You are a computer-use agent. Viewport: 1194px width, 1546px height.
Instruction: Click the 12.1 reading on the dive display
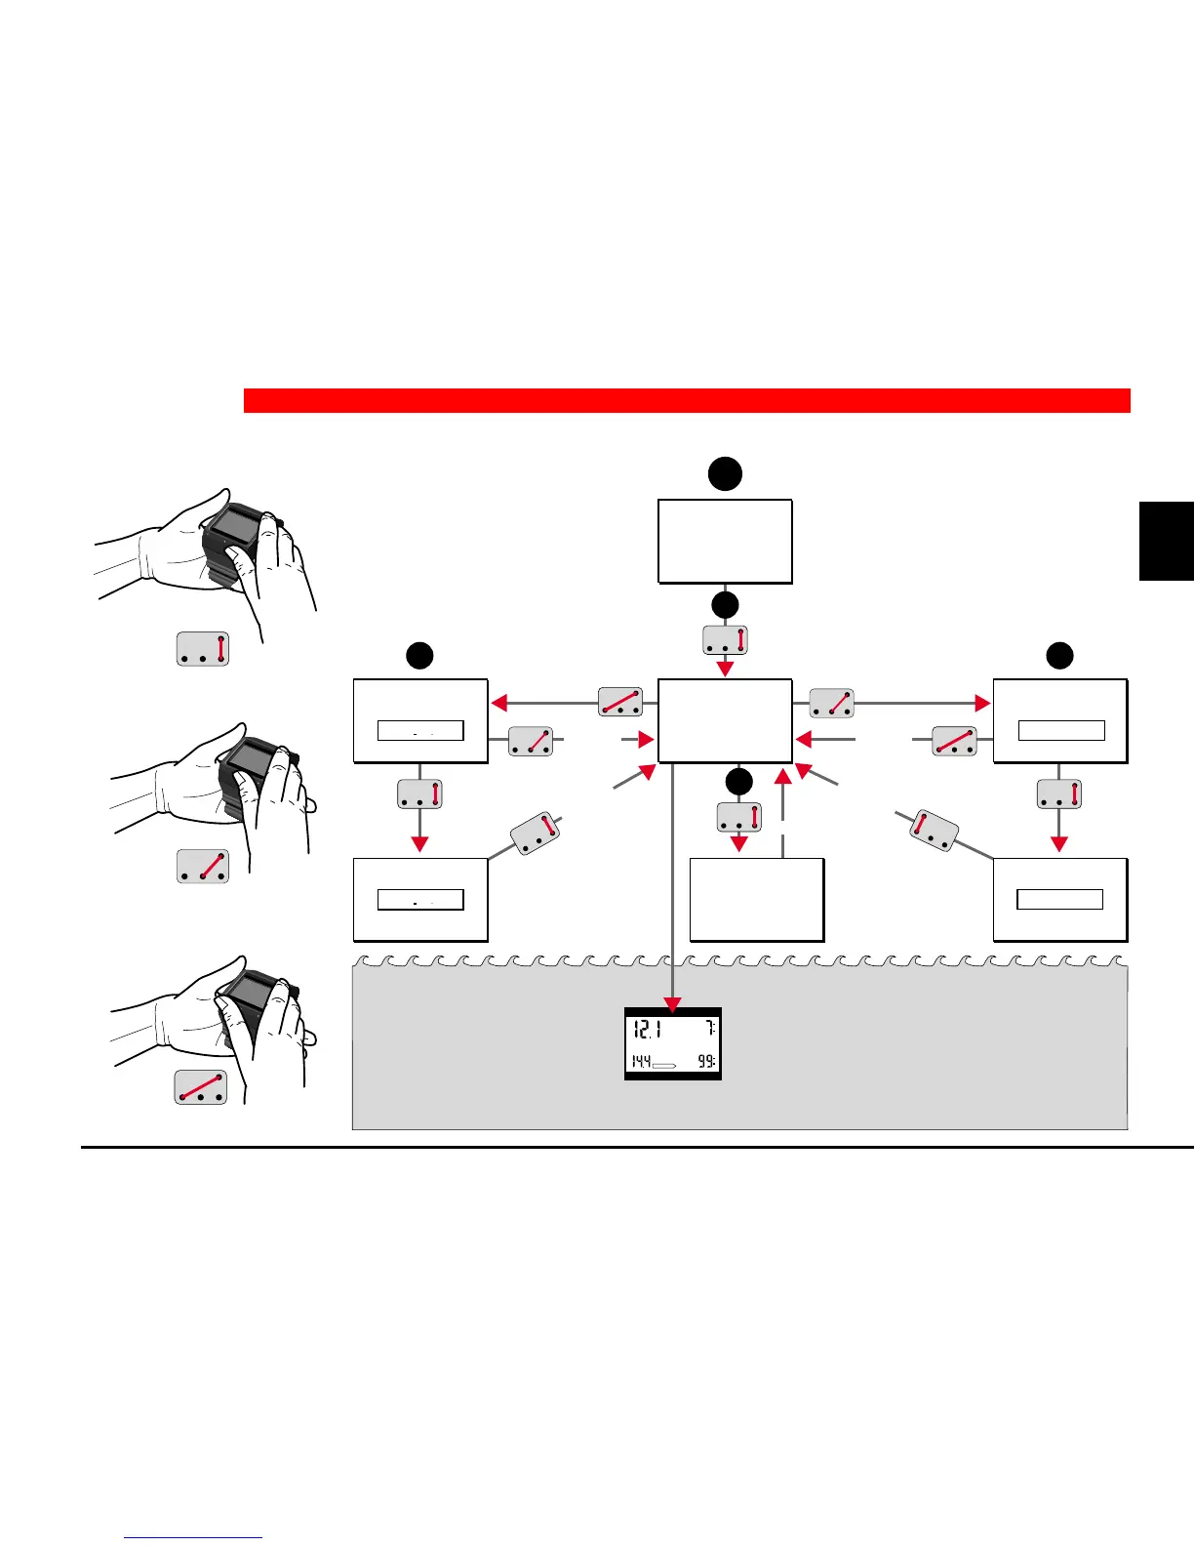point(647,1029)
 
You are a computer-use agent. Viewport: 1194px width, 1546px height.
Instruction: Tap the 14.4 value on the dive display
point(640,1061)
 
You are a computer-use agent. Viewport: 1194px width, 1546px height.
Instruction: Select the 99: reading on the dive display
point(706,1061)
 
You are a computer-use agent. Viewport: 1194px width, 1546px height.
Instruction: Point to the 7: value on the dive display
point(711,1029)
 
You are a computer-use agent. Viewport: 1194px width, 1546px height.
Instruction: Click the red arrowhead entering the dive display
point(672,1004)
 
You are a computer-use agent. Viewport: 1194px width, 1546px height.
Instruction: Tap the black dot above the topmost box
point(725,474)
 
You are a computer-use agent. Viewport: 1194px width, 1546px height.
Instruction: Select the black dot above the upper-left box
point(419,655)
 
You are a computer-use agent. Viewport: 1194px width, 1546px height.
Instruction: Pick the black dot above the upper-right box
point(1059,655)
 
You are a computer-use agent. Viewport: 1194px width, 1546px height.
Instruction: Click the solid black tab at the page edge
point(1166,542)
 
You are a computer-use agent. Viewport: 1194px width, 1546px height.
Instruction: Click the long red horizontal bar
point(687,400)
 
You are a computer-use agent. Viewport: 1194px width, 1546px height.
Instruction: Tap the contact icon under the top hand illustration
point(203,649)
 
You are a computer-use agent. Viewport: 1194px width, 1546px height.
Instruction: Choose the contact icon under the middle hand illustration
point(203,867)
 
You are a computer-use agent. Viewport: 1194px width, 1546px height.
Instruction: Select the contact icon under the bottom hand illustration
point(201,1086)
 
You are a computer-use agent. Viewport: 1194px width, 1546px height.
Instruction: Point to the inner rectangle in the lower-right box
point(1059,899)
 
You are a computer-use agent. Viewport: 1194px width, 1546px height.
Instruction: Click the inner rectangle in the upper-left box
point(420,731)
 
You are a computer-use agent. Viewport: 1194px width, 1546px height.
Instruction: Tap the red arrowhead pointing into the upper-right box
point(981,703)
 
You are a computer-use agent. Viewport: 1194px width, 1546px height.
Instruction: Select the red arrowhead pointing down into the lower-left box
point(419,843)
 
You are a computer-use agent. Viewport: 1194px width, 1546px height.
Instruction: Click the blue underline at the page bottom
point(193,1538)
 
